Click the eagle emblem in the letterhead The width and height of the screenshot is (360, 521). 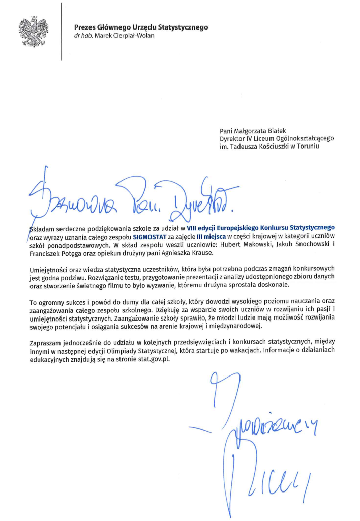pyautogui.click(x=34, y=32)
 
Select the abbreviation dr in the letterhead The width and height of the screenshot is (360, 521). pyautogui.click(x=77, y=36)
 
